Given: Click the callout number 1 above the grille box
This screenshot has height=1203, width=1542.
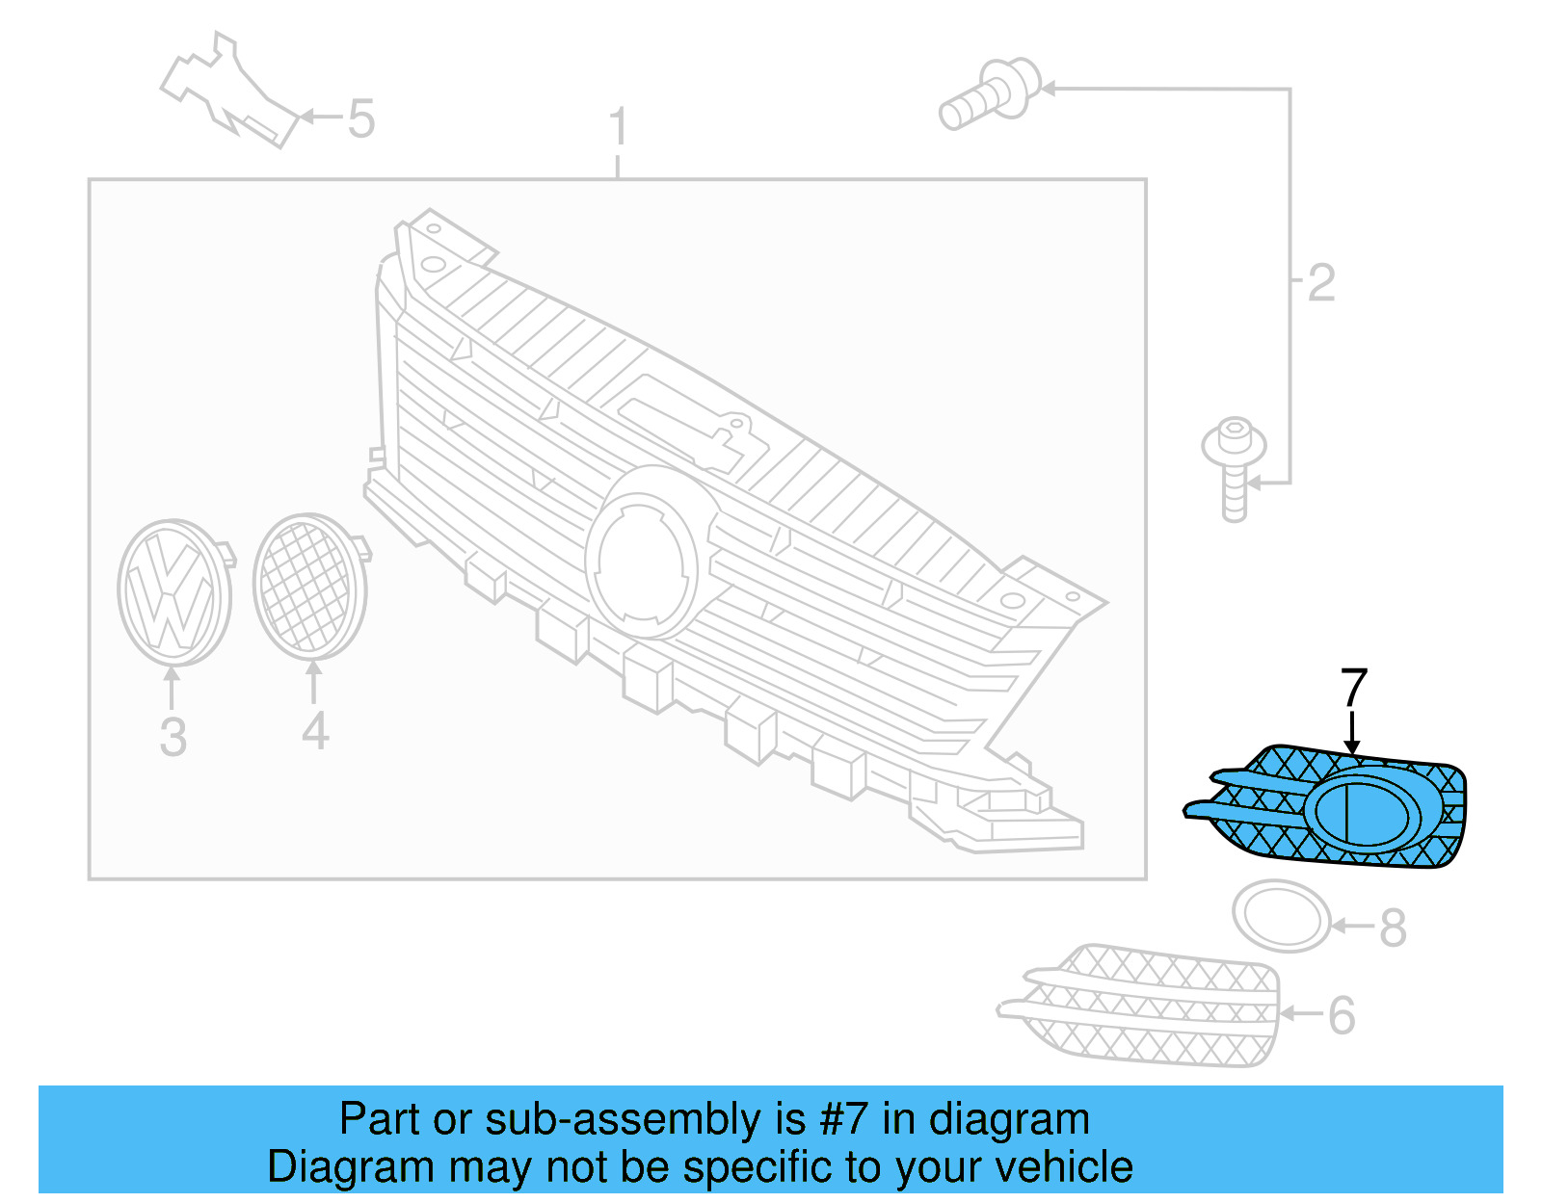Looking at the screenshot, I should pyautogui.click(x=618, y=127).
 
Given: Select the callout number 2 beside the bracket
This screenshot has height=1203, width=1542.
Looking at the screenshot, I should pyautogui.click(x=1321, y=283).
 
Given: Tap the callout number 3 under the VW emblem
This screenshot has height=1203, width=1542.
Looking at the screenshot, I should pyautogui.click(x=173, y=737).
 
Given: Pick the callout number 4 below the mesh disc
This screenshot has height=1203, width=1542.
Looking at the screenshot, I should pyautogui.click(x=315, y=732).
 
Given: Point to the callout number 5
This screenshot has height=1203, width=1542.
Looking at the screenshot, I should pyautogui.click(x=360, y=119).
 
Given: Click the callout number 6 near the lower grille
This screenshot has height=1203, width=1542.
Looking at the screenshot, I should pyautogui.click(x=1342, y=1016).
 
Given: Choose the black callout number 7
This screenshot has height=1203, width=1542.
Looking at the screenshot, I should pyautogui.click(x=1354, y=688).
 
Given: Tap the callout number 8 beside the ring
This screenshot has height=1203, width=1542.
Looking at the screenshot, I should pyautogui.click(x=1393, y=928).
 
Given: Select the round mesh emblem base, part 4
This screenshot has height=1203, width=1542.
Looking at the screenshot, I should pyautogui.click(x=309, y=587).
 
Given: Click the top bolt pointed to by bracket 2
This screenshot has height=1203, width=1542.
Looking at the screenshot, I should pyautogui.click(x=991, y=93).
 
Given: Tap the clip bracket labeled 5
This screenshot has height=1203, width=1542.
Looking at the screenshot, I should pyautogui.click(x=231, y=92).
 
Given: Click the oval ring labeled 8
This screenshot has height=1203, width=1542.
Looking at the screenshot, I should pyautogui.click(x=1281, y=916).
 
